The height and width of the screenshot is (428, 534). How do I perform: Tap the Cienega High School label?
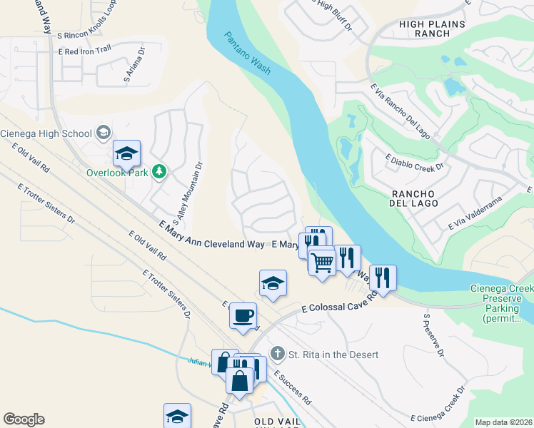tap(46, 133)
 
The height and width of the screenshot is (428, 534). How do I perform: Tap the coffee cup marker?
tap(243, 315)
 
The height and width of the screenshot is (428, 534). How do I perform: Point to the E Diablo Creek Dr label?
tap(415, 162)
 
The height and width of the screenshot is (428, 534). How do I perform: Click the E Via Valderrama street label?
tap(476, 213)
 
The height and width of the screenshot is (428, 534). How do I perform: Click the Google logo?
tap(24, 419)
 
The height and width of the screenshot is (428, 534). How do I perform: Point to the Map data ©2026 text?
tap(503, 422)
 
